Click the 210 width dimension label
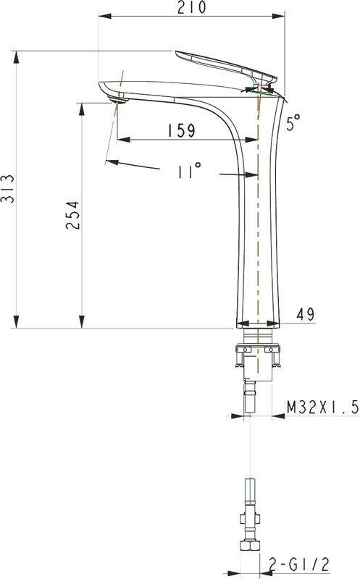pyautogui.click(x=191, y=7)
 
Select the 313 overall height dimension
pyautogui.click(x=8, y=189)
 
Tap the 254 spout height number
pyautogui.click(x=73, y=215)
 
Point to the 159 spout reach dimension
pyautogui.click(x=181, y=131)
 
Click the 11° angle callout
pyautogui.click(x=189, y=171)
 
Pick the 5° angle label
pyautogui.click(x=293, y=122)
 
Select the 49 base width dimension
pyautogui.click(x=305, y=314)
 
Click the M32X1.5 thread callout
pyautogui.click(x=322, y=407)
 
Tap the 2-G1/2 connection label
pyautogui.click(x=298, y=565)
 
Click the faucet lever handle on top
pyautogui.click(x=225, y=66)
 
